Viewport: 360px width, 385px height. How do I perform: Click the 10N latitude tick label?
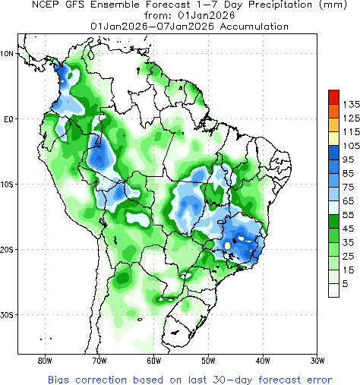pos(8,54)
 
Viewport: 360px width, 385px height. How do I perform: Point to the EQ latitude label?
pos(8,119)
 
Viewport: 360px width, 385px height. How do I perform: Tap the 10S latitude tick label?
pos(8,185)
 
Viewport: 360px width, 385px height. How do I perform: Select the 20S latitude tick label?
pos(8,250)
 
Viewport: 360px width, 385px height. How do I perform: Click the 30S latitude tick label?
pos(8,315)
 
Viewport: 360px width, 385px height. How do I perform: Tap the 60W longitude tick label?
pos(153,361)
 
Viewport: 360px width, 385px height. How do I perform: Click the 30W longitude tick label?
pos(317,361)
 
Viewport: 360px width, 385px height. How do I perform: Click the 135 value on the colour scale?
pos(350,103)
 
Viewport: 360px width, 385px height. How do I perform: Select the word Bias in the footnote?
pos(60,378)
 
